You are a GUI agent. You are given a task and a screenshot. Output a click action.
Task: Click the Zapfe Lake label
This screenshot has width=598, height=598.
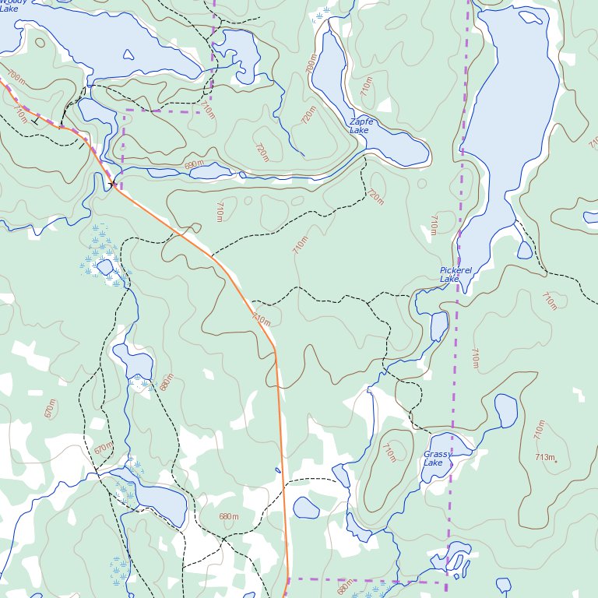(361, 126)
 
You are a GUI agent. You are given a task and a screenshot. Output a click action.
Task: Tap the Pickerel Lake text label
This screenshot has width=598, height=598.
(455, 274)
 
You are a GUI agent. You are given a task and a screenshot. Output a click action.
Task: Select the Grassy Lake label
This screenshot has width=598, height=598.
(437, 459)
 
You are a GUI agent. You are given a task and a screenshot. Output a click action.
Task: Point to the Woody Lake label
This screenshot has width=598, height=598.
(11, 5)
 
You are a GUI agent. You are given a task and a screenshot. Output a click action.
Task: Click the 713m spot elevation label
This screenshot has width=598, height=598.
(546, 457)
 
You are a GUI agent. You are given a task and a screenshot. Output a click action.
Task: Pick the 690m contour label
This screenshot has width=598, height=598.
(195, 165)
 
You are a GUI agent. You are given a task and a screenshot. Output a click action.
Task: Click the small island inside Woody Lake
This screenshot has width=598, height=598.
(129, 55)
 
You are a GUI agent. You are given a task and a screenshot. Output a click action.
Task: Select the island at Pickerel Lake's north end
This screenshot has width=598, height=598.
(531, 16)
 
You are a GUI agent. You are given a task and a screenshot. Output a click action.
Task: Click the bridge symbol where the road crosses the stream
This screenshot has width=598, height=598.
(114, 184)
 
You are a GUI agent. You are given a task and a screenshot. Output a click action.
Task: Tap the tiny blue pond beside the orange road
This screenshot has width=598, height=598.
(278, 470)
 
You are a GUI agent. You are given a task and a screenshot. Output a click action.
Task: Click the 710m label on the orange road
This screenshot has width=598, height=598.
(261, 319)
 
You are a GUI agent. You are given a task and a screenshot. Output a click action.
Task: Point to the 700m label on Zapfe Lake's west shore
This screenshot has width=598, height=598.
(311, 64)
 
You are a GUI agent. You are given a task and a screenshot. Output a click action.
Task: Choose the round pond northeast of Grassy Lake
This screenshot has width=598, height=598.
(505, 410)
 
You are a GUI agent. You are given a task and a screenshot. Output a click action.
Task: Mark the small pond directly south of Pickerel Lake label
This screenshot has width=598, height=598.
(439, 325)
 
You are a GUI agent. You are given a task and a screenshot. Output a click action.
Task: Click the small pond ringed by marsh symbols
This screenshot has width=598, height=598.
(104, 267)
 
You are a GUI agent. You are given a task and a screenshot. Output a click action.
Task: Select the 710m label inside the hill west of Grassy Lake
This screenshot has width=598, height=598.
(389, 452)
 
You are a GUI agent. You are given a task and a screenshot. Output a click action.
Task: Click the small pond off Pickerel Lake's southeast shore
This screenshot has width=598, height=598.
(525, 250)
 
